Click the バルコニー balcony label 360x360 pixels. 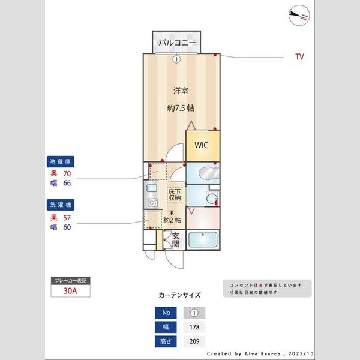[176, 43]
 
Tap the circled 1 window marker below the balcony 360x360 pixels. [176, 59]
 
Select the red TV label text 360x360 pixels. [299, 57]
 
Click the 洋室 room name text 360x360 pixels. [181, 91]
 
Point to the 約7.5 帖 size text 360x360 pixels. [181, 108]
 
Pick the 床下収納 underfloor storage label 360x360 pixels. [175, 195]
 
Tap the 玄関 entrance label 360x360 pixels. [175, 240]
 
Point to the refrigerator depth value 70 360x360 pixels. [67, 173]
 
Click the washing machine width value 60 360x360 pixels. [67, 227]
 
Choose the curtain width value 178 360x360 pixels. [194, 327]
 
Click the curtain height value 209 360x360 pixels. [194, 341]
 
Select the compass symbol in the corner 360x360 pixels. [298, 16]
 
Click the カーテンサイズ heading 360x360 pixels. [179, 295]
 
